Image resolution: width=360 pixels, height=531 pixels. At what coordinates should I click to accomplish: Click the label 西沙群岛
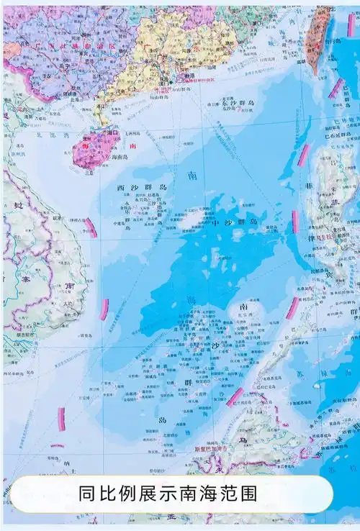pyautogui.click(x=142, y=187)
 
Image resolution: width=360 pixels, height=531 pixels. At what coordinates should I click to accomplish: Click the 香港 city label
pyautogui.click(x=190, y=75)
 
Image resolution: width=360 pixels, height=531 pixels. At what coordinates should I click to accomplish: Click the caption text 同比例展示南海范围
pyautogui.click(x=170, y=494)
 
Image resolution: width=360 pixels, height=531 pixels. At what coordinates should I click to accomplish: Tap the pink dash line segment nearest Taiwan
pyautogui.click(x=336, y=88)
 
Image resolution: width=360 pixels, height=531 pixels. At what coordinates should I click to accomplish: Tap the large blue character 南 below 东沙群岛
pyautogui.click(x=192, y=175)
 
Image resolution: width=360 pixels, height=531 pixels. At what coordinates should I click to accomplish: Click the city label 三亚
pyautogui.click(x=89, y=171)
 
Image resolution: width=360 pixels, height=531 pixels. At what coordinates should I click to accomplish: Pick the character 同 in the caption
pyautogui.click(x=87, y=494)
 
